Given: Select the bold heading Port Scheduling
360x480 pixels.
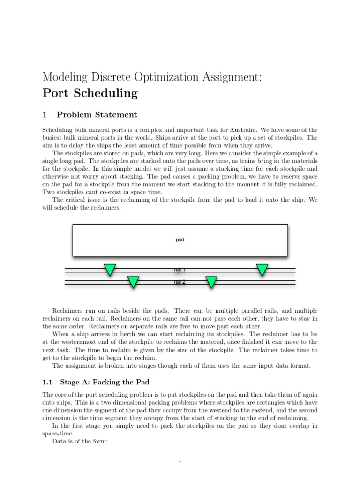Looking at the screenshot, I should tap(90, 93).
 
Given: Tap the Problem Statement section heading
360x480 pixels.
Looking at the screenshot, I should tap(97, 115).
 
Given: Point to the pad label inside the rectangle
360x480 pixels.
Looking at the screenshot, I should tap(180, 240).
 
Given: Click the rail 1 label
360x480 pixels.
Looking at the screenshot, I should tap(180, 270).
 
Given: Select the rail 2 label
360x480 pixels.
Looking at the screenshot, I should tap(180, 282).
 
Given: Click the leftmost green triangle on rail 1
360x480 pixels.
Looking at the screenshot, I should tap(110, 270).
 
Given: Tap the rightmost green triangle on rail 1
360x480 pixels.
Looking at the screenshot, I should tap(262, 270).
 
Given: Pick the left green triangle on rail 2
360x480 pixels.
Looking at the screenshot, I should tap(133, 281).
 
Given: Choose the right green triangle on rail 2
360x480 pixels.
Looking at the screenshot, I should tap(211, 281).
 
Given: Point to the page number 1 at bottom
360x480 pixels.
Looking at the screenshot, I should tap(180, 460).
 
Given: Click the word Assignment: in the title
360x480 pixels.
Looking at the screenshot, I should tap(226, 77).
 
